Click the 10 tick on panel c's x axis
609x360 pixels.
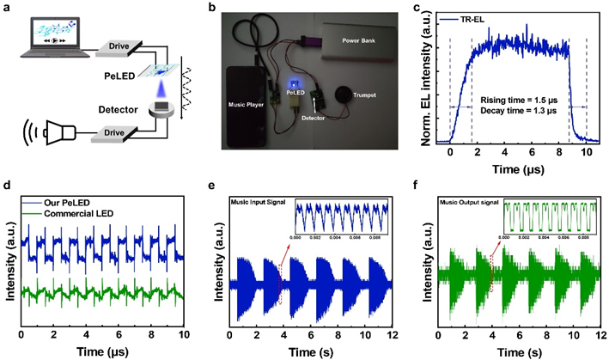click(586, 151)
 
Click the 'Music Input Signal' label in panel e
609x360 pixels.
click(256, 202)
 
